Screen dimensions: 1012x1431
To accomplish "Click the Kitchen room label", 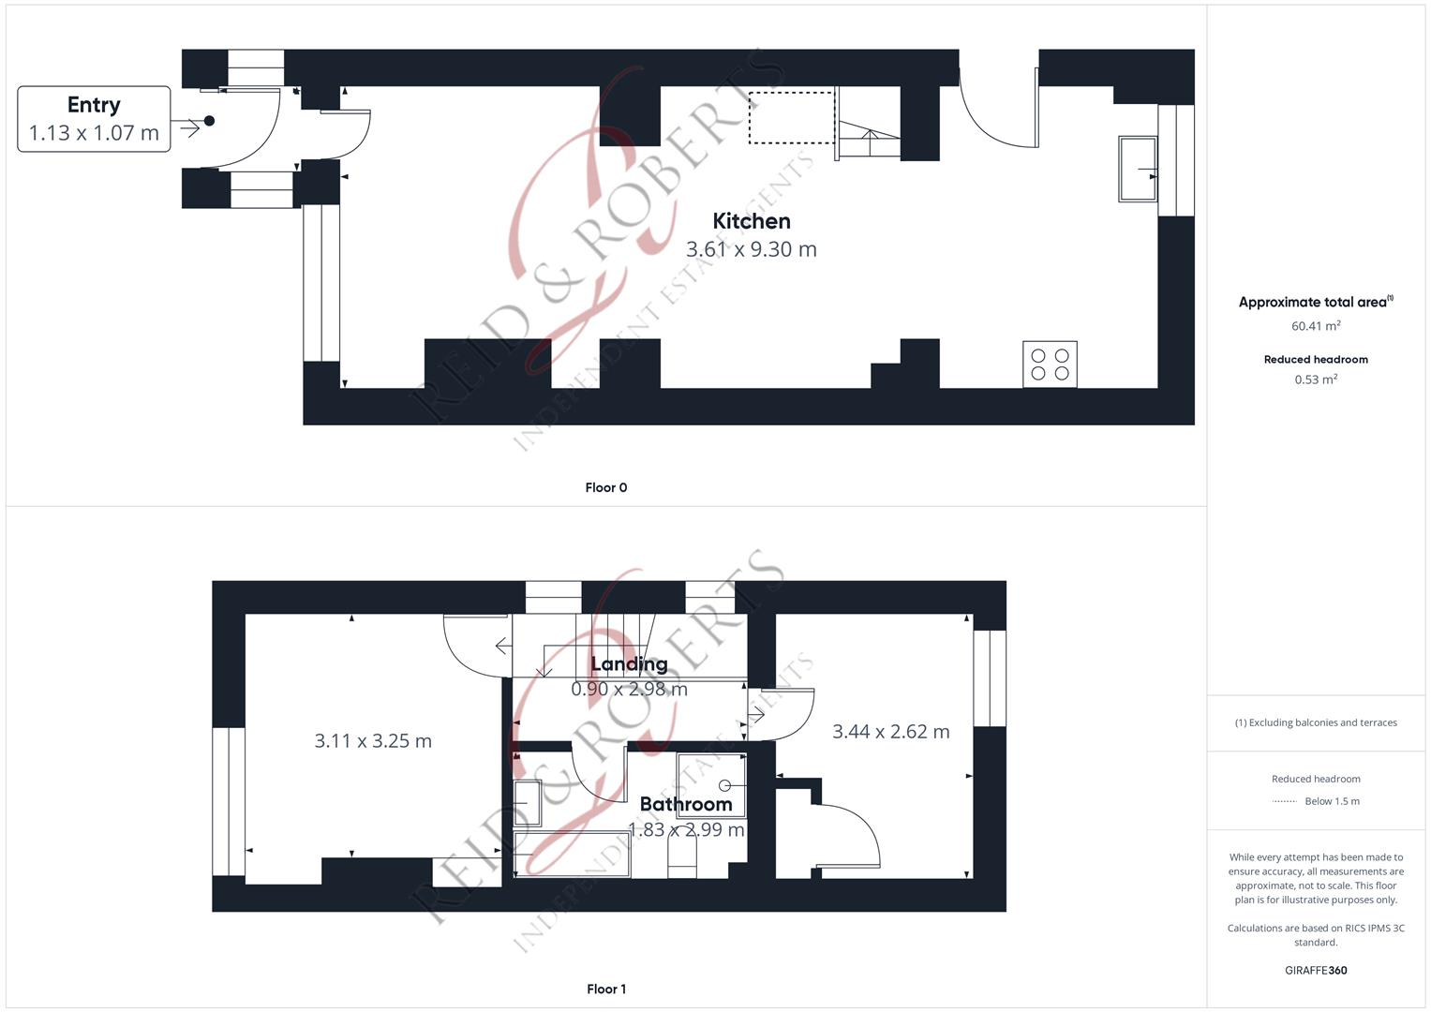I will (x=751, y=221).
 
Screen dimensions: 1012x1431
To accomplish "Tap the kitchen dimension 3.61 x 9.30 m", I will (x=751, y=249).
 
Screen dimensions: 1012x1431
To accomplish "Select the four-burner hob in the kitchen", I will (x=1050, y=365).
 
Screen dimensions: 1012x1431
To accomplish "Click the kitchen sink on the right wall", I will (x=1137, y=169).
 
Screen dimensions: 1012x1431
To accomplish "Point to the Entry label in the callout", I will (x=94, y=105).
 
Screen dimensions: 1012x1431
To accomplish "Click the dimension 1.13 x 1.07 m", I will (x=94, y=133).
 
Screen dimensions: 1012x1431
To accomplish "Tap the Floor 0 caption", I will (x=605, y=487).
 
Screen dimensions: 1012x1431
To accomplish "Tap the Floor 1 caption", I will (x=605, y=989).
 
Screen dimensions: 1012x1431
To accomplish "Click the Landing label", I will (x=629, y=664).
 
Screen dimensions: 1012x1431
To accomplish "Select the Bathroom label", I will (x=685, y=804).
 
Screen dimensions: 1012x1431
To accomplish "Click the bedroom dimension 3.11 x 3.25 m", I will (x=373, y=741).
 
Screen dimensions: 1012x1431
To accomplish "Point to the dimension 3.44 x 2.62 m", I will (x=890, y=732).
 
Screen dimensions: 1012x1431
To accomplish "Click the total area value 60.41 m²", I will (x=1315, y=326).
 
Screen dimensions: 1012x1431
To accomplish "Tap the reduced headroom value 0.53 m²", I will (x=1315, y=379).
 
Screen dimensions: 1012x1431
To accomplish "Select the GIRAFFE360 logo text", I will (x=1315, y=970).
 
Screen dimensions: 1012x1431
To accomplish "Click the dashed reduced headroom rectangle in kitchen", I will (x=791, y=117).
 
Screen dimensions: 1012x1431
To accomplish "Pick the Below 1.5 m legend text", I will (x=1331, y=801).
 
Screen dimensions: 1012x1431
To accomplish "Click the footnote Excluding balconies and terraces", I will (x=1315, y=722).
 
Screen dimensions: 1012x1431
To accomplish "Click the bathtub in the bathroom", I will (x=571, y=854).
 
